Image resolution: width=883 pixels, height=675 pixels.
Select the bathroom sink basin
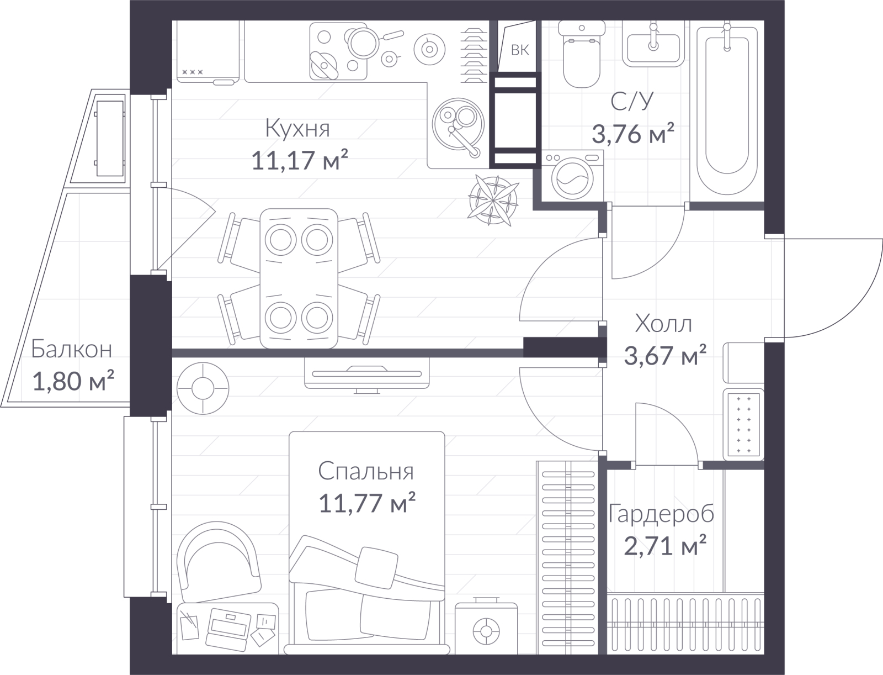coord(653,44)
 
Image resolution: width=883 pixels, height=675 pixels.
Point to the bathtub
coord(727,110)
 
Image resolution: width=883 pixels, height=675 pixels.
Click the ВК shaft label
coord(520,50)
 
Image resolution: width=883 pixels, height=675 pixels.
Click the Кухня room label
coord(297,128)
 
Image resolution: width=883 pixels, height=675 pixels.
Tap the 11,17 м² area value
coord(300,160)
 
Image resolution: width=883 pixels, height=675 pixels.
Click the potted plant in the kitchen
coord(493,201)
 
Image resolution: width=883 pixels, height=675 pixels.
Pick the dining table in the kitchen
coord(299,278)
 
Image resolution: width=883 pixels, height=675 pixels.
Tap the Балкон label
coord(72,349)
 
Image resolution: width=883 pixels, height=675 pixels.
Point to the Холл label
coord(663,324)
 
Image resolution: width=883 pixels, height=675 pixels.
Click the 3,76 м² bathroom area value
coord(633,134)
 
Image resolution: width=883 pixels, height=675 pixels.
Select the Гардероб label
coord(661,514)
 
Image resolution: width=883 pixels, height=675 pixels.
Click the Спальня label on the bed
coord(366,471)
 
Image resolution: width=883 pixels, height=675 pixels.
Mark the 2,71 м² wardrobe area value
coord(666,545)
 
